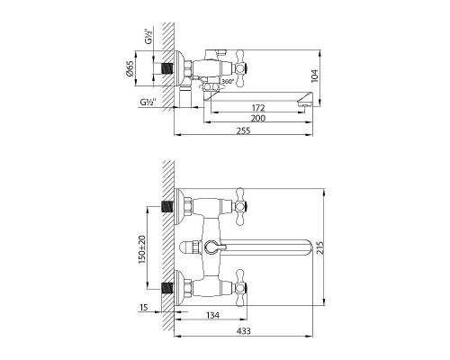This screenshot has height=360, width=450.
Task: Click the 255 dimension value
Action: pos(243,130)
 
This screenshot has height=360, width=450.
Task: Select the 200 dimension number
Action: pos(258,118)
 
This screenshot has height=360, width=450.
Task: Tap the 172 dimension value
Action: pos(258,108)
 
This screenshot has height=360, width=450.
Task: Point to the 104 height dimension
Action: pos(315,76)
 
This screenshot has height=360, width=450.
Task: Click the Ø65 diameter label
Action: pos(130,68)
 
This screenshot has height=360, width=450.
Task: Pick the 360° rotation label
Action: pos(228,81)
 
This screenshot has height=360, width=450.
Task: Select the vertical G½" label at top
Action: pos(149,37)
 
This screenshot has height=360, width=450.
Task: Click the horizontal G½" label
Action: pos(148,102)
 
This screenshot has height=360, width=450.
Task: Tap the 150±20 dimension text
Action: pos(141,249)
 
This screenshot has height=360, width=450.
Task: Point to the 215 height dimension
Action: pos(320,247)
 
